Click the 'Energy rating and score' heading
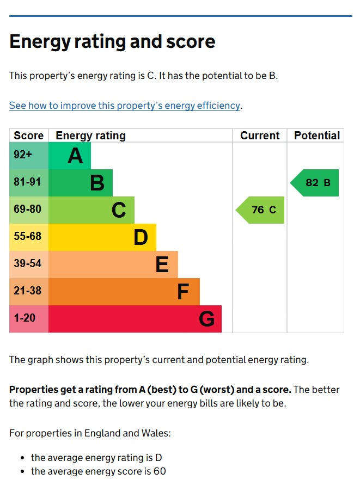coord(112,42)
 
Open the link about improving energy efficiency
coord(125,106)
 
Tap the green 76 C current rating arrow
coord(260,210)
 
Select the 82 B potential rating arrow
coord(314,183)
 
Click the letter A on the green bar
coord(75,156)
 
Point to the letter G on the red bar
coord(207,319)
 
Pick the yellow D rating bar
coord(102,237)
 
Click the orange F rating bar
coord(124,292)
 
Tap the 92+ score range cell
coord(29,156)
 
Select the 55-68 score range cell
coord(29,237)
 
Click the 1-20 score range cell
coord(29,319)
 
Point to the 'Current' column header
coord(260,136)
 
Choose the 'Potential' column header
coord(317,136)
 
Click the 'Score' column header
coord(28,136)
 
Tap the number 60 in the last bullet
coord(160,471)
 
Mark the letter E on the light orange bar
coord(162,264)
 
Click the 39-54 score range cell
coord(29,265)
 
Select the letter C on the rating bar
coord(119,210)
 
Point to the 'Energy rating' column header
coord(91,136)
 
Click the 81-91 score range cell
coord(29,183)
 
